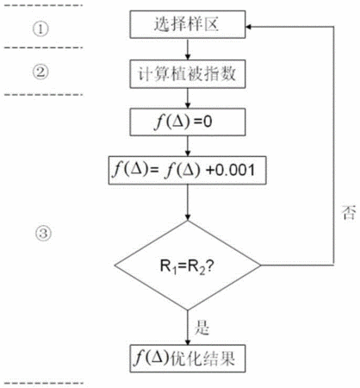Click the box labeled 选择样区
[x=188, y=24]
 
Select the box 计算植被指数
[x=188, y=74]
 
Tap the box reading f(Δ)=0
[x=188, y=122]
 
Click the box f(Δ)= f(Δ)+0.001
[x=187, y=170]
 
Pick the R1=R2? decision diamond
[x=188, y=266]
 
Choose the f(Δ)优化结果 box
[x=188, y=359]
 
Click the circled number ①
[x=40, y=29]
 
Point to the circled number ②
[x=40, y=72]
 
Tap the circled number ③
[x=43, y=233]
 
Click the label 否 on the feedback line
[x=349, y=213]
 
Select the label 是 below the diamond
[x=202, y=327]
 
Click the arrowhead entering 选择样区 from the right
[x=249, y=27]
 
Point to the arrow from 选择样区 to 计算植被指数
[x=188, y=49]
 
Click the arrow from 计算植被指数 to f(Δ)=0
[x=188, y=98]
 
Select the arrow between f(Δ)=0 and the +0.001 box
[x=188, y=146]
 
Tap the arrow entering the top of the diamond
[x=188, y=203]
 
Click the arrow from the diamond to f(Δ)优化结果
[x=188, y=328]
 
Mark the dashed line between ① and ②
[x=43, y=47]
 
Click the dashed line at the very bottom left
[x=43, y=383]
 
